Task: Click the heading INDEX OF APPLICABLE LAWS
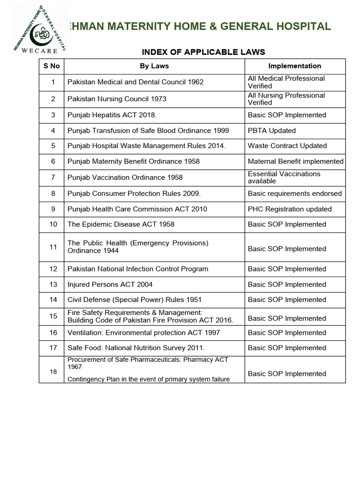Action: click(x=203, y=52)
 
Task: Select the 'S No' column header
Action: click(x=52, y=66)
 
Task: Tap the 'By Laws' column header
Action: click(x=154, y=66)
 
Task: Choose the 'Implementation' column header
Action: click(x=294, y=66)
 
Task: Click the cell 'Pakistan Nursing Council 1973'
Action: click(x=117, y=99)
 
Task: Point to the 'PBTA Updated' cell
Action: click(x=272, y=130)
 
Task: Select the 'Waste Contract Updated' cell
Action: click(x=287, y=146)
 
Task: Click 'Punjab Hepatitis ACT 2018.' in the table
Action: click(x=112, y=115)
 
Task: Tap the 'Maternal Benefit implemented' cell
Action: click(x=295, y=161)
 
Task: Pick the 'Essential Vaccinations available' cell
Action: click(x=284, y=177)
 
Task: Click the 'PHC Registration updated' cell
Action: click(x=290, y=209)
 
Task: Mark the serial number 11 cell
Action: click(x=53, y=247)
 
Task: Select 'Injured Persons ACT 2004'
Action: click(x=110, y=285)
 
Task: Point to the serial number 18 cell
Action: click(x=53, y=372)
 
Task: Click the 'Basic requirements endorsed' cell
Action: click(x=295, y=194)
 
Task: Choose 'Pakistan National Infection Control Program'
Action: click(x=138, y=269)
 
